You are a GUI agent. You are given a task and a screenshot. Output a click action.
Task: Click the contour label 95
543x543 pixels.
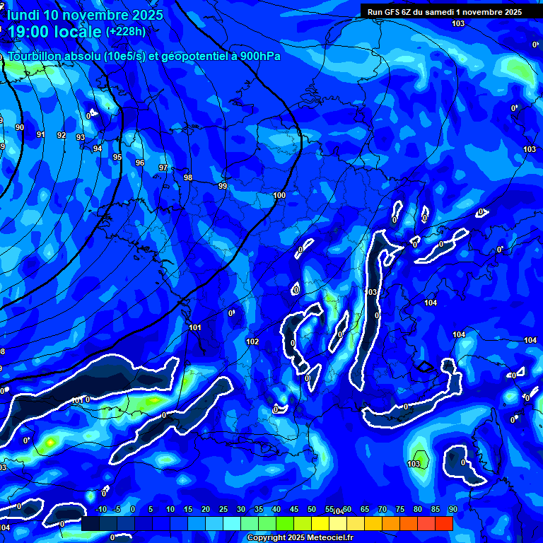coord(117,158)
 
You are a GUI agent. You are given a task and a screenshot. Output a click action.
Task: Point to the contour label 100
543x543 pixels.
coord(279,195)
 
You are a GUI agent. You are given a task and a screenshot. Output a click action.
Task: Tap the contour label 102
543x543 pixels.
coord(252,341)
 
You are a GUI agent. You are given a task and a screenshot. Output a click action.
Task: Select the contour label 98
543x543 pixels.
coord(187,177)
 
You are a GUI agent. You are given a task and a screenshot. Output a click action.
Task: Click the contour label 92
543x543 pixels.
coord(62,135)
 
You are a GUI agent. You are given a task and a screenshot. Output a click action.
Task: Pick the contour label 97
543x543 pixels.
coord(163,168)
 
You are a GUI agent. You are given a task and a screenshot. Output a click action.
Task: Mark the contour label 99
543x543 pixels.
coord(223,186)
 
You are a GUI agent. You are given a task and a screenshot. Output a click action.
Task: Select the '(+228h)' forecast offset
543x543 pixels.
coord(126,32)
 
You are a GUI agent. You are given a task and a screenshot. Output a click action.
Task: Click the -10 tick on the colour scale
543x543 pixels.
coord(100,510)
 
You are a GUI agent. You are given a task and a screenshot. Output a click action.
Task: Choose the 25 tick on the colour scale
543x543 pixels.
coord(223,510)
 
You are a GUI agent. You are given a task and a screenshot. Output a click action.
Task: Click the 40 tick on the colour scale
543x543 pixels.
coord(276,510)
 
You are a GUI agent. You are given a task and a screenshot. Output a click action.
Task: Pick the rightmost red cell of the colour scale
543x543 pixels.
coord(443,523)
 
